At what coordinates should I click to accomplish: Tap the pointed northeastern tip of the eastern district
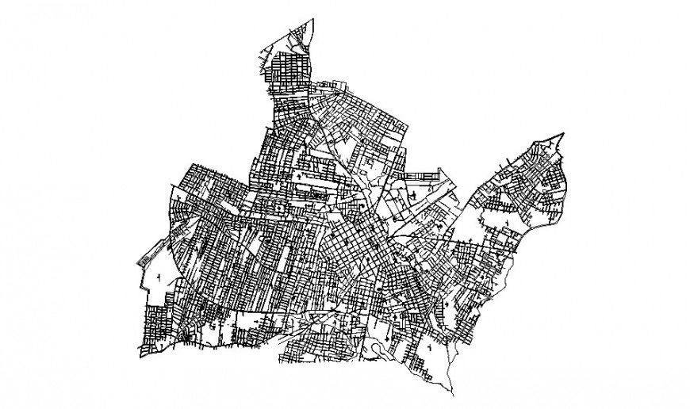[x=562, y=133]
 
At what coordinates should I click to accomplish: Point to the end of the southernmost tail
[x=454, y=394]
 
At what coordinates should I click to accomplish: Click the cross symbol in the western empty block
[x=160, y=277]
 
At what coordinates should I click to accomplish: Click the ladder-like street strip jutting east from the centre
[x=420, y=173]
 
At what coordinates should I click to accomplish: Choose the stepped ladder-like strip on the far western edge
[x=145, y=262]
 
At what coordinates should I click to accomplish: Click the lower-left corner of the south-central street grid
[x=279, y=363]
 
